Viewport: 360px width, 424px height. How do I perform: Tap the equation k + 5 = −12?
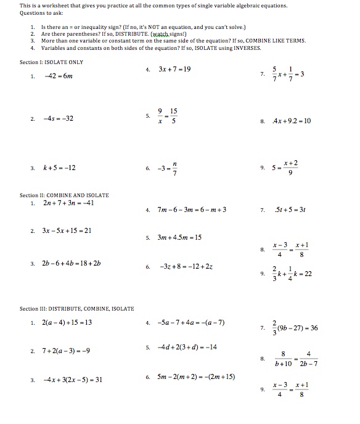[60, 167]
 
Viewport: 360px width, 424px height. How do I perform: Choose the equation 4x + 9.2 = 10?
[290, 121]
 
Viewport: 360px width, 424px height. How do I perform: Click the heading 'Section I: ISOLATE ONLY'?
[51, 62]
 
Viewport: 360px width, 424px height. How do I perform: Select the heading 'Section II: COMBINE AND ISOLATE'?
[64, 195]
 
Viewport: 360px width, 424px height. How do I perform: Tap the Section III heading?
[76, 308]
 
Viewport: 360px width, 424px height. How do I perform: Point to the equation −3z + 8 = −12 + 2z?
[186, 267]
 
